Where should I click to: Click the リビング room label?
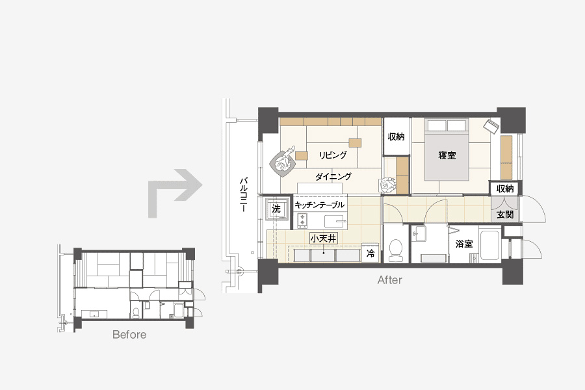tap(333, 155)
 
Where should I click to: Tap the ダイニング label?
tap(333, 176)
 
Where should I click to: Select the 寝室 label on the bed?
tap(447, 155)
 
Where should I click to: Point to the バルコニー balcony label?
tap(243, 195)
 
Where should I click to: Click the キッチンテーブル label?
tap(319, 205)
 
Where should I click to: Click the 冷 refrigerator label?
tap(370, 253)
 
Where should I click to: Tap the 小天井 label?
tap(324, 238)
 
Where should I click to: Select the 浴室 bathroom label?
tap(464, 244)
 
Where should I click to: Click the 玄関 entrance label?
tap(505, 214)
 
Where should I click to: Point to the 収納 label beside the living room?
tap(396, 136)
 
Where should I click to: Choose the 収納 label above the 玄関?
tap(505, 189)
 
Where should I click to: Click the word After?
tap(390, 280)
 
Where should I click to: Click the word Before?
tap(129, 334)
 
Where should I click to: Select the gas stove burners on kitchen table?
tap(302, 220)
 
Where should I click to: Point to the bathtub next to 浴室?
tap(490, 245)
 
